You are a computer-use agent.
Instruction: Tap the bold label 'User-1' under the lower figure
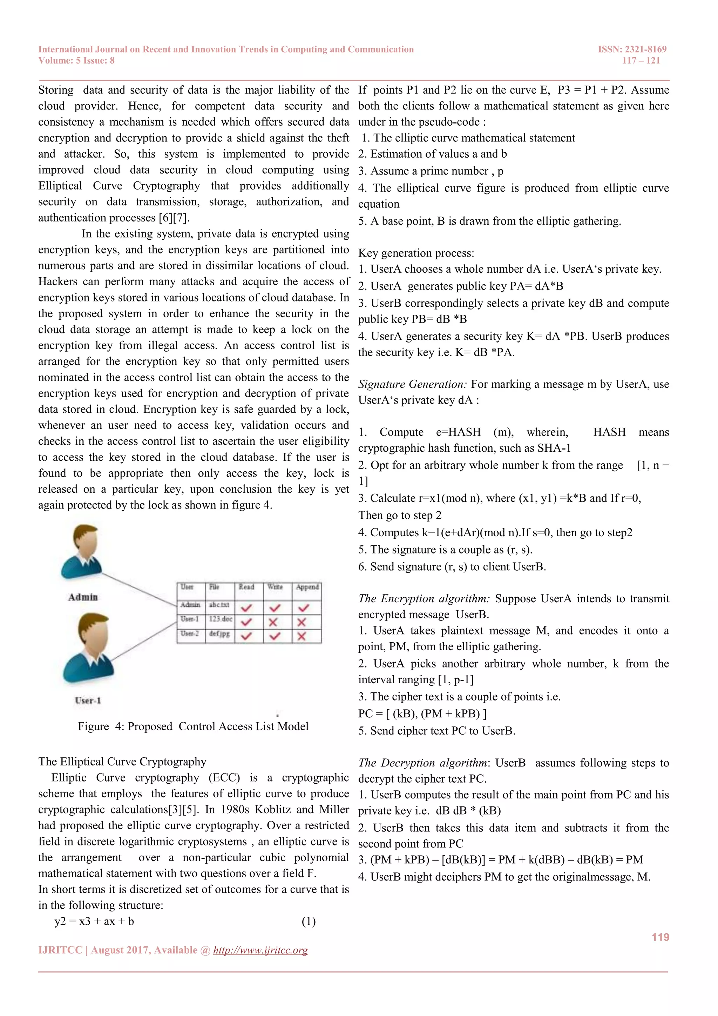coord(88,700)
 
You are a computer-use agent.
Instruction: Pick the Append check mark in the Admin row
coord(304,607)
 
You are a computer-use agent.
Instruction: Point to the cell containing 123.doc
coord(220,619)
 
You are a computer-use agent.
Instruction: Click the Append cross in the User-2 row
coord(302,636)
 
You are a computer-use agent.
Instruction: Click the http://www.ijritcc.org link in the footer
coord(260,950)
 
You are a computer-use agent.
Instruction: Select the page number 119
coord(660,937)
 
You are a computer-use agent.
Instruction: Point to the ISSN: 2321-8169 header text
coord(632,49)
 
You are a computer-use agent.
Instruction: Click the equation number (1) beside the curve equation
coord(309,921)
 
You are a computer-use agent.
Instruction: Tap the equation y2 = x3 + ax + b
coord(94,921)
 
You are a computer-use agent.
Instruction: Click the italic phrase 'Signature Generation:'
coord(413,384)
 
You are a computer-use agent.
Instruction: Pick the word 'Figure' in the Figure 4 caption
coord(93,726)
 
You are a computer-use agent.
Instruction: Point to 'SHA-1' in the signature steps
coord(554,448)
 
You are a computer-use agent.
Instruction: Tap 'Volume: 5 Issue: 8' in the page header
coord(76,61)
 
